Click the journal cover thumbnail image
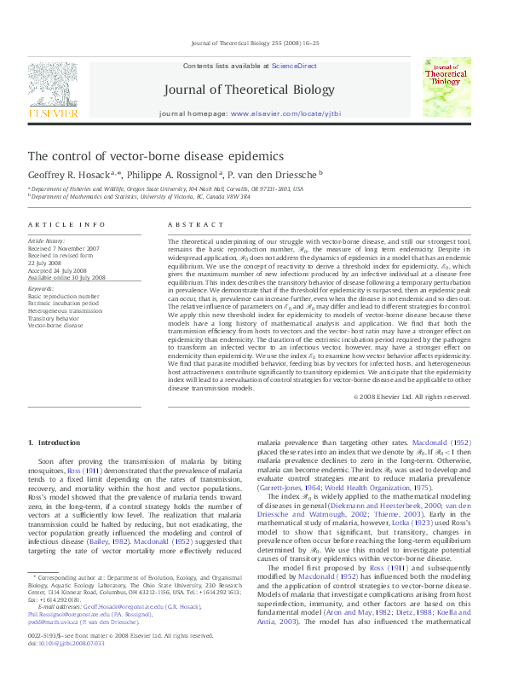[x=447, y=88]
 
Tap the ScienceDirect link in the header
[x=294, y=66]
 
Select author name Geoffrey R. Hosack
[x=72, y=173]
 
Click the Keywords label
[x=43, y=289]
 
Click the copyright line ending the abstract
[x=412, y=396]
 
